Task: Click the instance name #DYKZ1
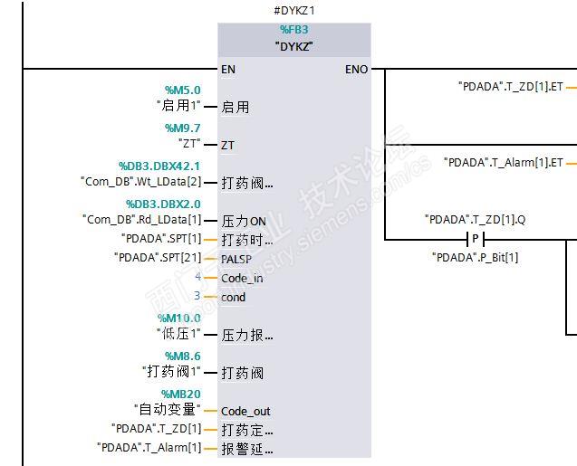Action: coord(293,10)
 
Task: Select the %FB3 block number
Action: coord(293,30)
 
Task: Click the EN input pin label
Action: coord(229,69)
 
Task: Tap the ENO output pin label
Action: coord(356,69)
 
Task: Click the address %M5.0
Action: coord(182,90)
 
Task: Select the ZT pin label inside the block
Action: coord(228,145)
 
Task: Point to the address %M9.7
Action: coord(182,128)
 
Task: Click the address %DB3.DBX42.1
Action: coord(159,166)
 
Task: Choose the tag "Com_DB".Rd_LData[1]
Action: coord(141,219)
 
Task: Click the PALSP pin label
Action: coord(236,259)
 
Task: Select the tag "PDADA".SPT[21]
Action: coord(158,258)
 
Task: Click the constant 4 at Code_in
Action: coord(197,277)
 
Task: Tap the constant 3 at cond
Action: coord(197,296)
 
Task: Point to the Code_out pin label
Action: coord(245,411)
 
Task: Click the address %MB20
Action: coord(180,395)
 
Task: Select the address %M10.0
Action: coord(182,319)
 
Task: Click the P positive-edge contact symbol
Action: coord(476,239)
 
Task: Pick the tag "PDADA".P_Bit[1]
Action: coord(476,258)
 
